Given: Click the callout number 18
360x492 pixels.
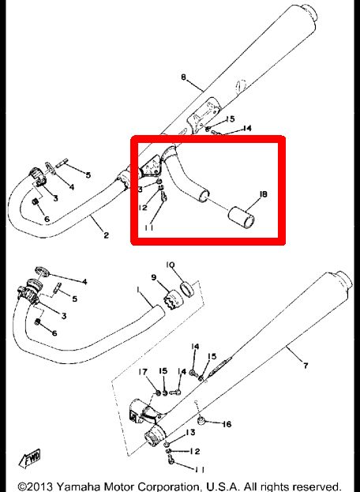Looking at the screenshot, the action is coord(264,194).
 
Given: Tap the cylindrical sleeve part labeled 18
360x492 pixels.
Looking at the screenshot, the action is coord(241,217).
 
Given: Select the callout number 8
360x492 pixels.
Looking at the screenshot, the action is coord(183,77).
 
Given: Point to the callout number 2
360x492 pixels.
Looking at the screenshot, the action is coord(106,235).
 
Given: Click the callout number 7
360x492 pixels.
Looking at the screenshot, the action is coord(306,365).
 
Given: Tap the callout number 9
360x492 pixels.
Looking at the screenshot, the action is coord(154,278).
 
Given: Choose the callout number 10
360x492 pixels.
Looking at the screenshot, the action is coord(171,265).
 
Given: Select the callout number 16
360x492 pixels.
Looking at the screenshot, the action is coord(227,424).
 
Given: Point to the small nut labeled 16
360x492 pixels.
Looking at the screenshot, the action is coord(201,420).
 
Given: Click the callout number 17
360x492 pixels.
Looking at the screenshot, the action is coord(143,372).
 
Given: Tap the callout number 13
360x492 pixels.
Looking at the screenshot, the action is coord(190,433).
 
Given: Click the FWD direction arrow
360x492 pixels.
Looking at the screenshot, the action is coord(30,458).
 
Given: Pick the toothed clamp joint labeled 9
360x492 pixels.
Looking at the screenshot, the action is coord(173,299).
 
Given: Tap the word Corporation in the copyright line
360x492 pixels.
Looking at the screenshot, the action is coord(169,487).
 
